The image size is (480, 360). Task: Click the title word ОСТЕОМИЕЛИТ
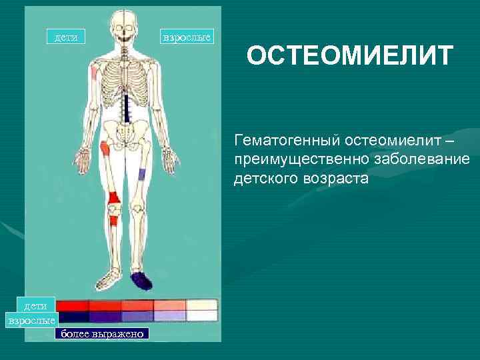pos(350,57)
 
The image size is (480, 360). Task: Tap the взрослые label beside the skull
pos(187,37)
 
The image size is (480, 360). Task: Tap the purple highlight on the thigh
pos(141,175)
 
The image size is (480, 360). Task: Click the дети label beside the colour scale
pos(35,305)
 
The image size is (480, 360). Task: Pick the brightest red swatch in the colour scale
pos(73,305)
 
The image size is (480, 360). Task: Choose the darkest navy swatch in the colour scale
pos(73,317)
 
